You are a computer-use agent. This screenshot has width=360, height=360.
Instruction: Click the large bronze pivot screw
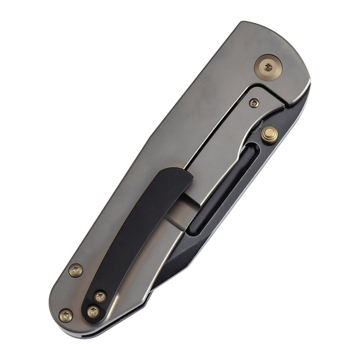269,66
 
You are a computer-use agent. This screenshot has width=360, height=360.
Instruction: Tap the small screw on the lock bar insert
254,103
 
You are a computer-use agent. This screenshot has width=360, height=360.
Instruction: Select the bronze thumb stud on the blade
269,135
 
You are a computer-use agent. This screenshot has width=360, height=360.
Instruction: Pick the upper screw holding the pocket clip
100,297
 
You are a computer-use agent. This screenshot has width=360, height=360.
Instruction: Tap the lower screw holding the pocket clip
93,311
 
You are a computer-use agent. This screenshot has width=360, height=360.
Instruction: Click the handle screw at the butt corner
66,316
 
